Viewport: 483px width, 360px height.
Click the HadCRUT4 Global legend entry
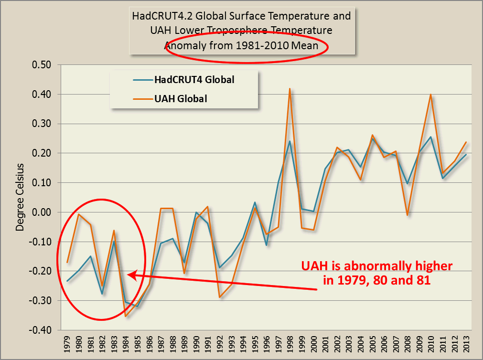coord(194,80)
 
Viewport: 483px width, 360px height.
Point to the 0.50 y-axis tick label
coord(42,65)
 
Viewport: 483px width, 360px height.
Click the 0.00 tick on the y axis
coord(42,212)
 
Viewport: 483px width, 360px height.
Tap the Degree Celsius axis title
coord(20,196)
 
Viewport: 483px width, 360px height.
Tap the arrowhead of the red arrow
coord(130,275)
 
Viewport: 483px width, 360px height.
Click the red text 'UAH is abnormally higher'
coord(376,265)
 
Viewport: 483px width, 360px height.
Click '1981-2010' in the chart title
coord(256,46)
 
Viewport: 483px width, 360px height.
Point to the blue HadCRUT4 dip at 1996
coord(266,244)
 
